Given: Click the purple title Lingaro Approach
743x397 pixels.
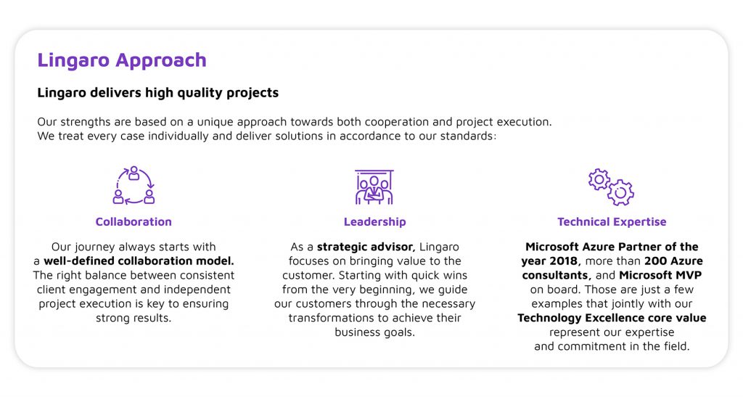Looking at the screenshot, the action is point(122,61).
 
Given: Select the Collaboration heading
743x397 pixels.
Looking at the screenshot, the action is point(134,221).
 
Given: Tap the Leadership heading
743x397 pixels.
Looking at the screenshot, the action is point(375,221).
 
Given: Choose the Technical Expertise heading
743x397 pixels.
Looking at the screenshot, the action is point(612,221).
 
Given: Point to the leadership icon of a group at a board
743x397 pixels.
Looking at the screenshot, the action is point(374,187).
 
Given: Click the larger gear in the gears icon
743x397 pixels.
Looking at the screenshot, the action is point(621,193).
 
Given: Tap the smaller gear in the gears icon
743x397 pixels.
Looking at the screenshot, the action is point(599,179).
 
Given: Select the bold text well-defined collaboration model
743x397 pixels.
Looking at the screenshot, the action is point(139,261).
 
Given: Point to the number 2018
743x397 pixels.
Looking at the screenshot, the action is point(563,261).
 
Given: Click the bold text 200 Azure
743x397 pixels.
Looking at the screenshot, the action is point(674,261).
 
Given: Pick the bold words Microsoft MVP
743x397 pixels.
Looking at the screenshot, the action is point(660,275).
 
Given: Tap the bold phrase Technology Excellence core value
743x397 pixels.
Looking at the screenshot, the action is point(612,318).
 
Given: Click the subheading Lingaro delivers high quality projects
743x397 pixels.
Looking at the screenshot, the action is point(157,93).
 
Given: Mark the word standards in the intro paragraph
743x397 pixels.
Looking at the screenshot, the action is point(468,136).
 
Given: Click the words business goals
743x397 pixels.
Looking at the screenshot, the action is point(375,332).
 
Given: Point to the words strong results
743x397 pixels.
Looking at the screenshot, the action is point(134,319).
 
